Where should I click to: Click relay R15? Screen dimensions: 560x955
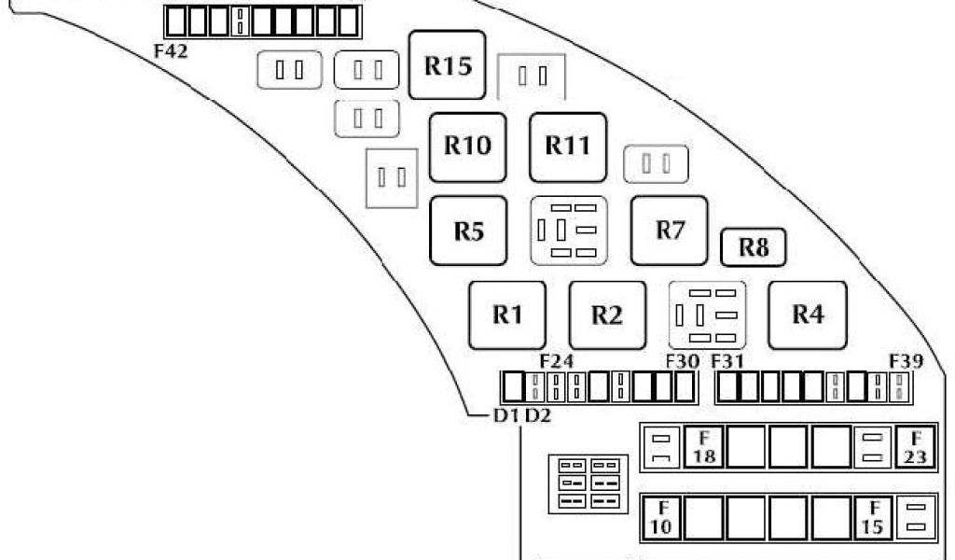coord(448,65)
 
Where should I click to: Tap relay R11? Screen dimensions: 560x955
coord(567,147)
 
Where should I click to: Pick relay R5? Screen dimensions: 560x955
coord(468,231)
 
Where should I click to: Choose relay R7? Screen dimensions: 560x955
coord(670,230)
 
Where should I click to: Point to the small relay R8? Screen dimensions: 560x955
coord(753,248)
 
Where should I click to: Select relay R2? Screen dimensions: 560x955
coord(606,315)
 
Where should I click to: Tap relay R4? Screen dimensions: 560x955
coord(807,315)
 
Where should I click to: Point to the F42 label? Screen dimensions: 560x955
coord(171,51)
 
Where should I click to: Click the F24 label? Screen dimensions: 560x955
coord(557,360)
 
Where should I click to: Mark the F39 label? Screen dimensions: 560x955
coord(906,360)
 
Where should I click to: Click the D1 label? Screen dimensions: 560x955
coord(505,416)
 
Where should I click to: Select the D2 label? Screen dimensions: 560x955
coord(538,416)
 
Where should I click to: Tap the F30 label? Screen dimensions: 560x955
coord(683,360)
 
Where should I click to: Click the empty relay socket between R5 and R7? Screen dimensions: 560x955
coord(569,231)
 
